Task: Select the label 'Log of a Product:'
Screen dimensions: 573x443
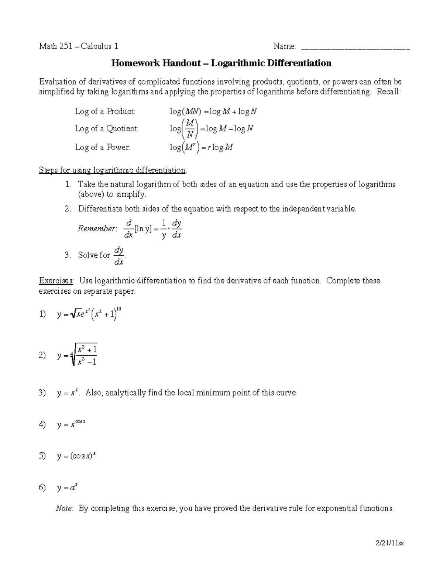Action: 105,111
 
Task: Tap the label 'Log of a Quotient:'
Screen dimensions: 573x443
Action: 107,128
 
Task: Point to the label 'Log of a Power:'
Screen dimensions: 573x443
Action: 103,147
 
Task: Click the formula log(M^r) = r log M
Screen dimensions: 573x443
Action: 201,148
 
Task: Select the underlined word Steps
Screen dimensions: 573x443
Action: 49,170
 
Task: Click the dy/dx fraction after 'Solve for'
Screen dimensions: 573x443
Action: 119,256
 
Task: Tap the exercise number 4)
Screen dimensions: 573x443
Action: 42,425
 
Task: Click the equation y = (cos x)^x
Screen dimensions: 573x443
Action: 76,456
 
